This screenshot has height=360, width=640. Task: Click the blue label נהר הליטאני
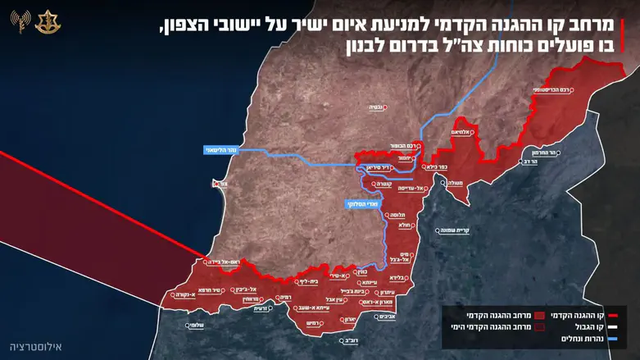pos(225,149)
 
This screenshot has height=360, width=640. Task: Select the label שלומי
pos(193,325)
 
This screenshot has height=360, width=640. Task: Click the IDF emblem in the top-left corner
pos(45,22)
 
